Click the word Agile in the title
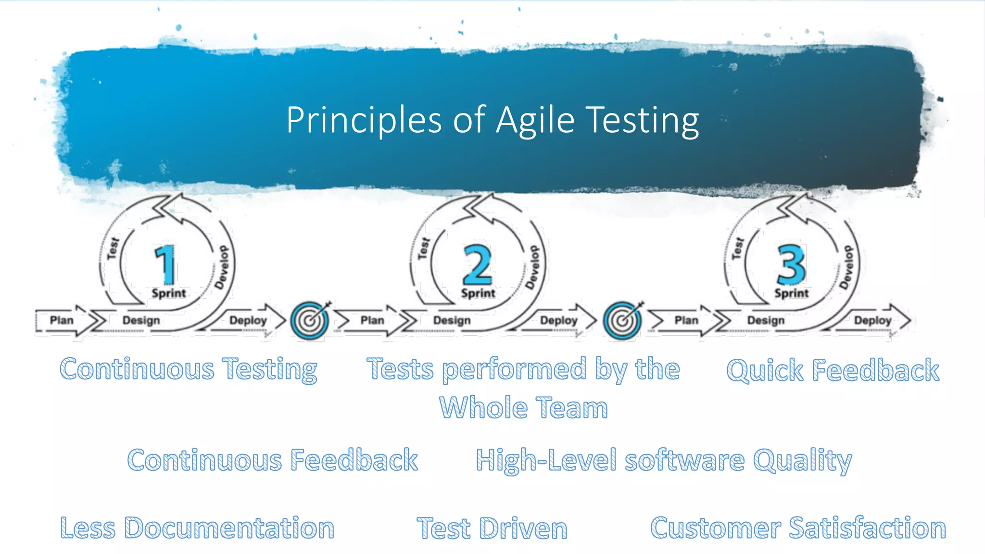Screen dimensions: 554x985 [x=535, y=120]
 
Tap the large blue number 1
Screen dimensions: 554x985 [x=165, y=264]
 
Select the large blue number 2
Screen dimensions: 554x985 [x=477, y=264]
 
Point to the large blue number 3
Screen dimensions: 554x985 [x=791, y=264]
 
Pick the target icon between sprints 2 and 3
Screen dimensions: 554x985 [x=622, y=320]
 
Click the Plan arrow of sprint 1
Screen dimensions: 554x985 [x=62, y=320]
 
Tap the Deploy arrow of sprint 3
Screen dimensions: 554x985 [x=872, y=320]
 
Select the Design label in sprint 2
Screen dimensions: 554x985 [x=452, y=320]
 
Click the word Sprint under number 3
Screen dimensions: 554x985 [x=791, y=293]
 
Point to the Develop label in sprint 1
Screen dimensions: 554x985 [x=222, y=267]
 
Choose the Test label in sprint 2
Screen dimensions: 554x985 [x=423, y=248]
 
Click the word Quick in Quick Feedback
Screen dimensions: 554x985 [x=765, y=371]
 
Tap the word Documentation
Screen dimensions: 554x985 [x=229, y=528]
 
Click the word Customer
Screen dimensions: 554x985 [x=715, y=528]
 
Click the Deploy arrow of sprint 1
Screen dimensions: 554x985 [x=248, y=320]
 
